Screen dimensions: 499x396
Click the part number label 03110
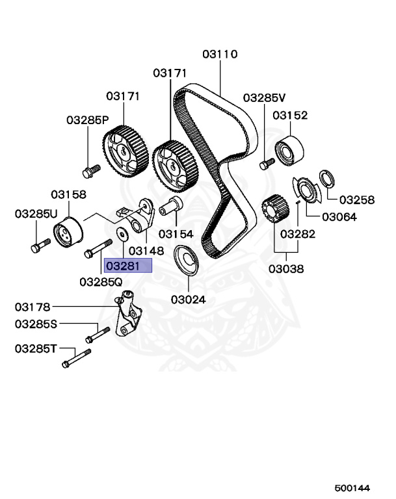[220, 54]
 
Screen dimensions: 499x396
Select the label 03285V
[265, 98]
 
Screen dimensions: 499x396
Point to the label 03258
[356, 199]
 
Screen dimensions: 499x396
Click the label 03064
[339, 217]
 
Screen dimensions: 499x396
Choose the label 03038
[287, 268]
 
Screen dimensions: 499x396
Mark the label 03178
[33, 306]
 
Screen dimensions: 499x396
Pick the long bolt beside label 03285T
[75, 358]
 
